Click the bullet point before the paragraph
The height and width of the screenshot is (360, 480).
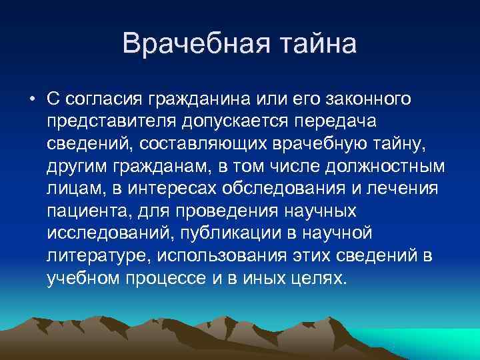click(x=32, y=100)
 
